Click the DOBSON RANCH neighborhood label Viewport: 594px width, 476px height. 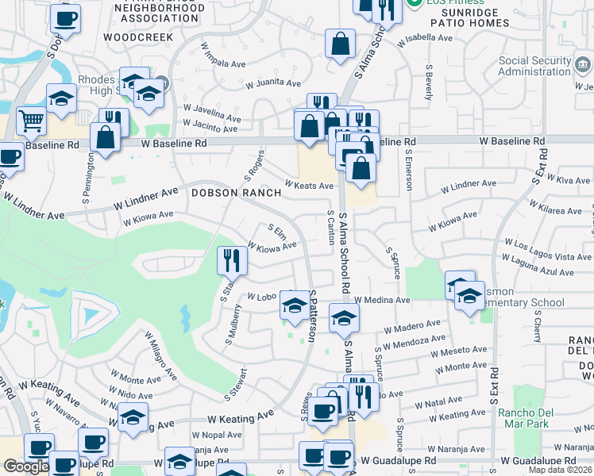coord(235,193)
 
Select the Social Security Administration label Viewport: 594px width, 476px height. coord(535,66)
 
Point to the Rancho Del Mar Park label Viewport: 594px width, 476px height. coord(523,418)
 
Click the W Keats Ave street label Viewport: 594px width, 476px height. coord(309,185)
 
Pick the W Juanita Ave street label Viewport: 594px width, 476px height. coord(272,83)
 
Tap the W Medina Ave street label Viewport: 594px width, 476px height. coord(382,301)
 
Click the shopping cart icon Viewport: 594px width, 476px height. coord(31,121)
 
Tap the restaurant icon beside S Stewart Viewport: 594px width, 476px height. coord(229,259)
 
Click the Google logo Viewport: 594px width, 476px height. coord(26,466)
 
